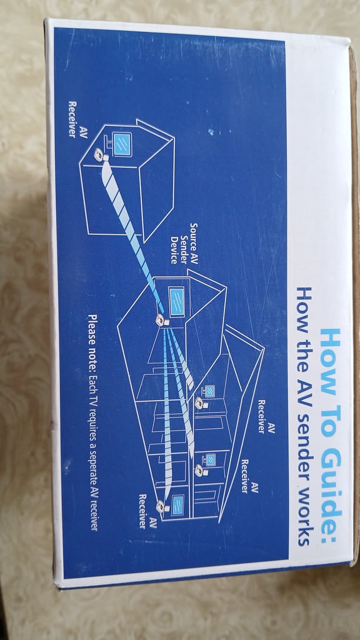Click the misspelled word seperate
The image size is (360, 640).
(94, 460)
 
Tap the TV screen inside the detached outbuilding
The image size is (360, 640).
(122, 144)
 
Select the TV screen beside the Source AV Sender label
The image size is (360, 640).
(177, 301)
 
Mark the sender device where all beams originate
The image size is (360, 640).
(162, 320)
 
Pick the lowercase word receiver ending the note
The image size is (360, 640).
(94, 514)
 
